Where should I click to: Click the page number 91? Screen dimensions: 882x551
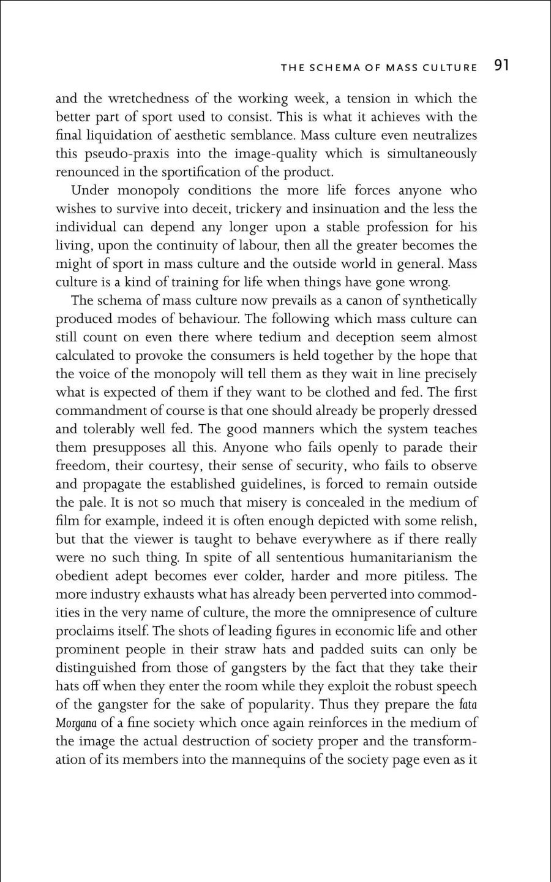501,66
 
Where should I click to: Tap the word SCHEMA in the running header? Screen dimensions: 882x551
334,67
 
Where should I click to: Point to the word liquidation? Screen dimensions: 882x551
126,135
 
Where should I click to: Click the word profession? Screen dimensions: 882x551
401,227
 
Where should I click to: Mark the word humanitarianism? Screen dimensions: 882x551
400,558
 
